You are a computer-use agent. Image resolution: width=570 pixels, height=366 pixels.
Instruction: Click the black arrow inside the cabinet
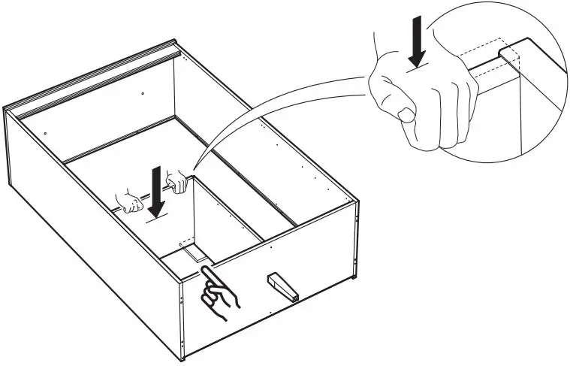pos(155,191)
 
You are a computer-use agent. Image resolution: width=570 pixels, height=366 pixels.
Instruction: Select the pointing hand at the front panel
pos(221,293)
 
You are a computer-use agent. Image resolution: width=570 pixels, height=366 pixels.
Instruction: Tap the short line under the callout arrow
pos(419,70)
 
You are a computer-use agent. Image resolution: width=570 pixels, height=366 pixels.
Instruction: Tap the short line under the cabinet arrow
pos(155,219)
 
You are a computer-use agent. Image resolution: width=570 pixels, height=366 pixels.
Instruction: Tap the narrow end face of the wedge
pos(294,298)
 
